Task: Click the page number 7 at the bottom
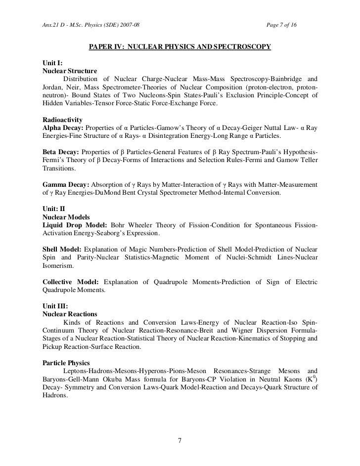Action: pos(180,441)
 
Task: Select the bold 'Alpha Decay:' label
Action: pos(56,128)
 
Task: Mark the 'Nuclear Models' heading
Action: pos(60,217)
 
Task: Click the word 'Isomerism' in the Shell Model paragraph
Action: pos(56,265)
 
